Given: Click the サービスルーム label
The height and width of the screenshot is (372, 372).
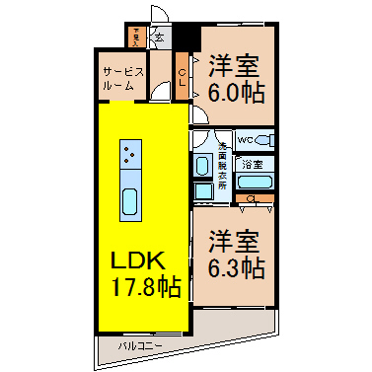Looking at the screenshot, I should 125,79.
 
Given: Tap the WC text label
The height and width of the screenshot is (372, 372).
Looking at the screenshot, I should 248,139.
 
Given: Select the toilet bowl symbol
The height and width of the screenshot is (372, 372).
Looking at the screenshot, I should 266,140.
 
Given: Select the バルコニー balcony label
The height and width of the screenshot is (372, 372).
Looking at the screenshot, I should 136,346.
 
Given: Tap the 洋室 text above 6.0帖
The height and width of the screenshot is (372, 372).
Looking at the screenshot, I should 233,65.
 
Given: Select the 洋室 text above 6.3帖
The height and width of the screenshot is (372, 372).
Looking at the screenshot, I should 235,241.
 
